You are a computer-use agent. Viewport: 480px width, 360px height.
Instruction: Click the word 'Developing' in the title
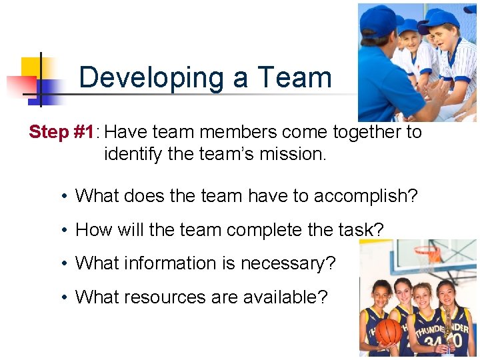point(151,78)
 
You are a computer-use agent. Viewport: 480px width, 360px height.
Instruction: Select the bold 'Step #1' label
point(61,132)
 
